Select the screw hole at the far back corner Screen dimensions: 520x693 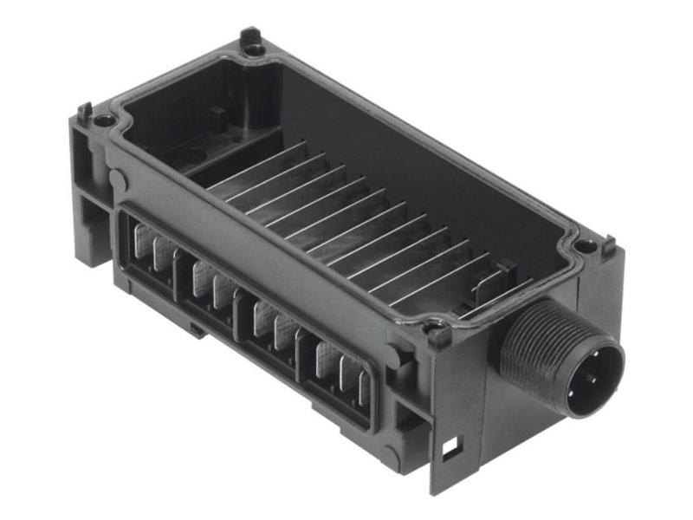(254, 50)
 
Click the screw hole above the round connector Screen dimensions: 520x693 (586, 246)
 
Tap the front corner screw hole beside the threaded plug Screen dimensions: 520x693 (437, 331)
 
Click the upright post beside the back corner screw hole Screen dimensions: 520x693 (249, 36)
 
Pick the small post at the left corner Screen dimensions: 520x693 (85, 112)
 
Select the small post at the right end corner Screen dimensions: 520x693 (609, 244)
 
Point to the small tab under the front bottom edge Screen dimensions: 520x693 (198, 329)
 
